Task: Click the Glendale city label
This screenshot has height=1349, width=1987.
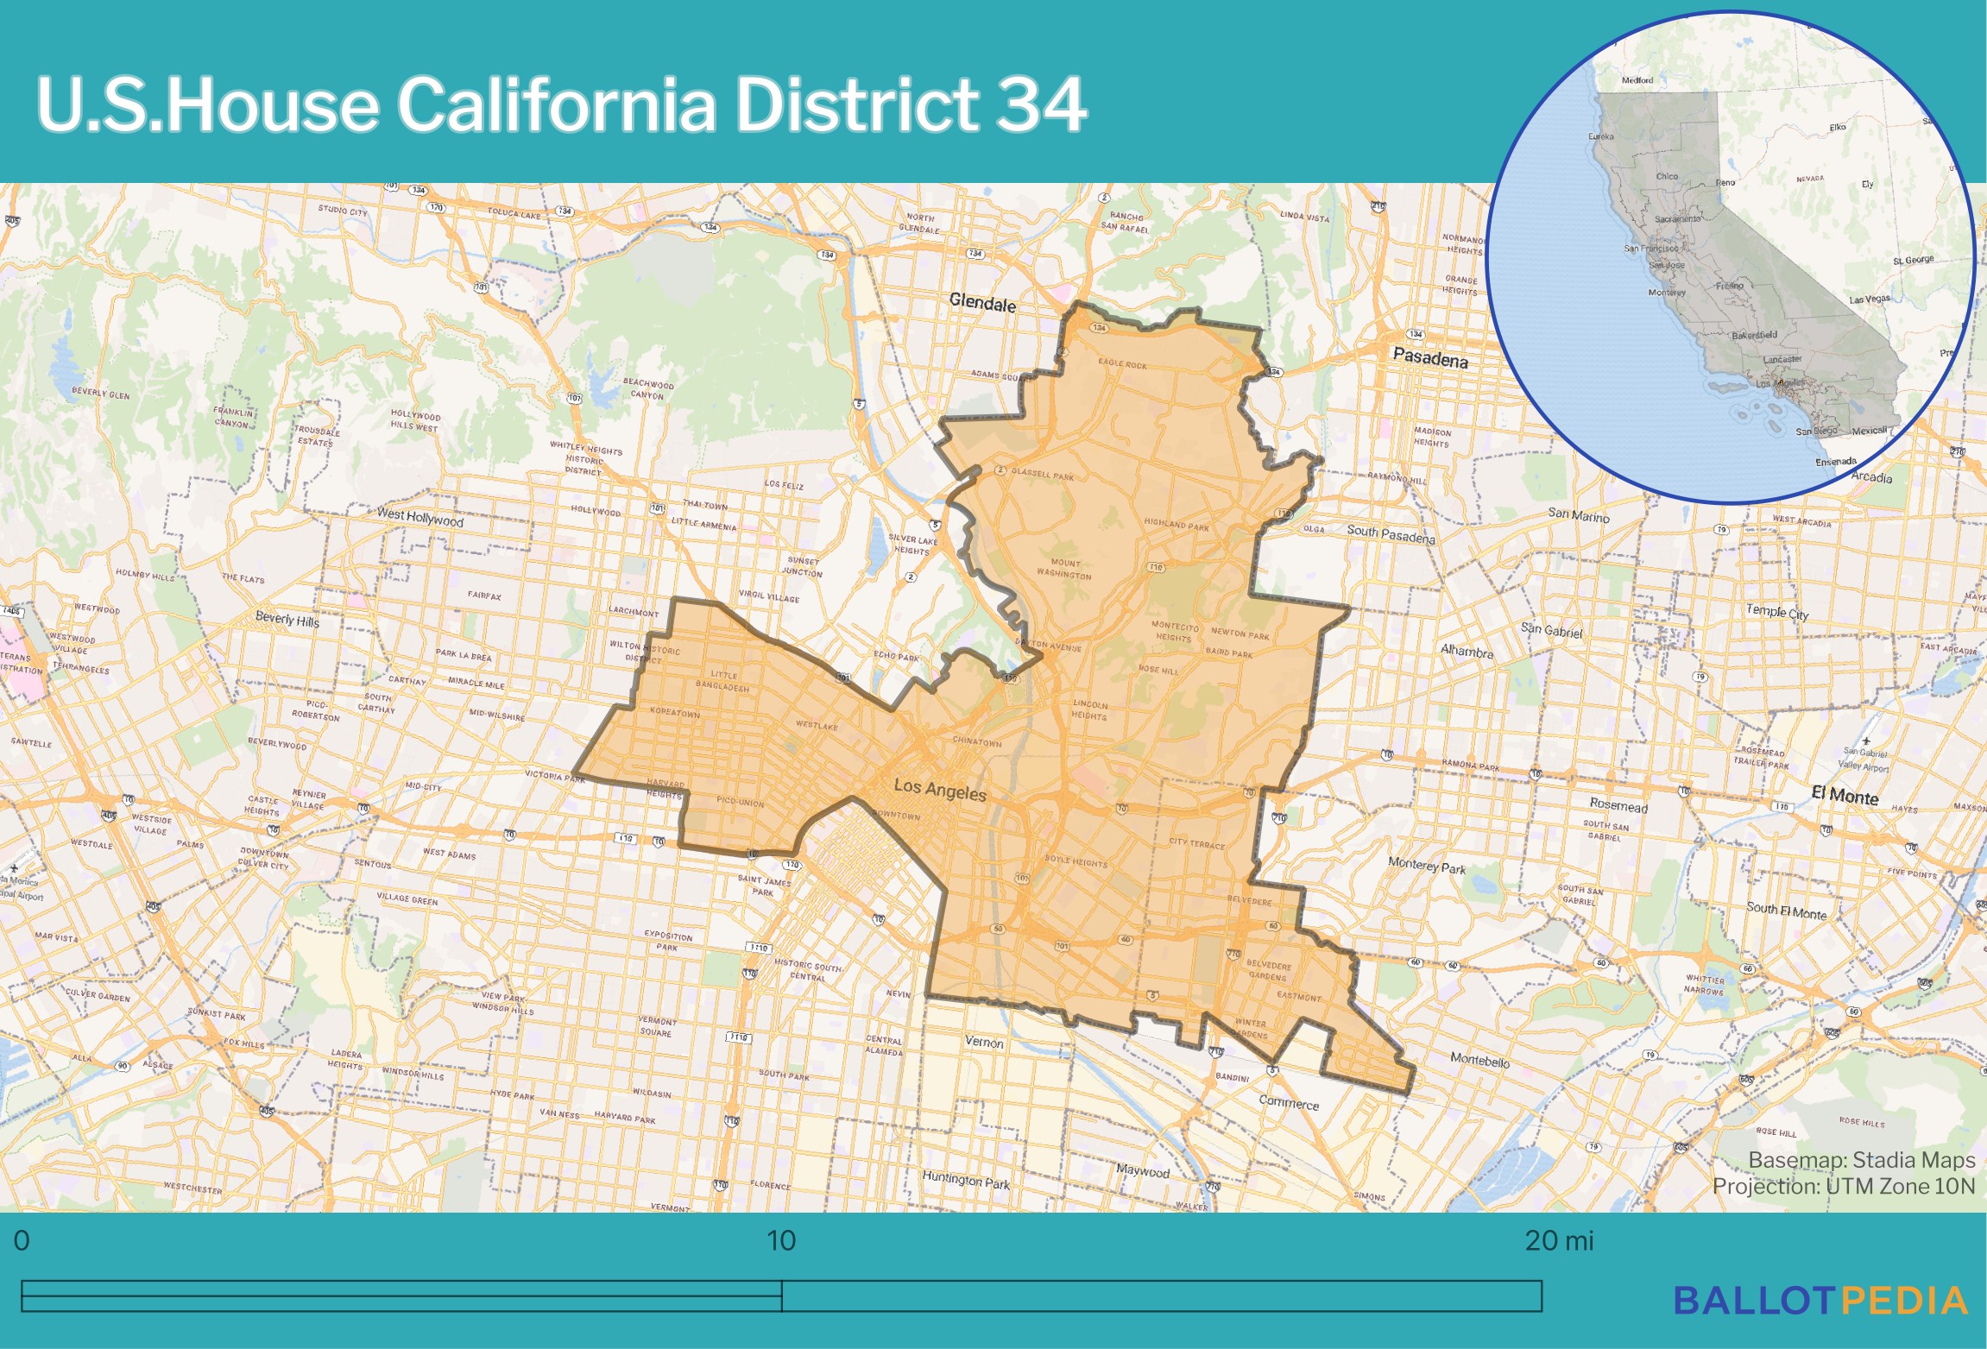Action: pos(982,304)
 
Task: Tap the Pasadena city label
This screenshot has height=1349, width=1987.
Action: pos(1430,358)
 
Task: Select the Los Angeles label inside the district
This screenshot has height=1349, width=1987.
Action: pos(940,789)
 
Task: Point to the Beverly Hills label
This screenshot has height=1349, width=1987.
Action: pos(287,620)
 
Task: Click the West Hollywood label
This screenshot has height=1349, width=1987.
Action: pos(420,518)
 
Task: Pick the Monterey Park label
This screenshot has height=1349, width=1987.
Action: pos(1427,865)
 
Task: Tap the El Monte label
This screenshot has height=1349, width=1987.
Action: pos(1845,796)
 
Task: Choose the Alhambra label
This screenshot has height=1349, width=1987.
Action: pos(1467,652)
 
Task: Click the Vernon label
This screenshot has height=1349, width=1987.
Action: pos(984,1043)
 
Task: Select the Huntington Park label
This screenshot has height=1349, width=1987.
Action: pos(966,1180)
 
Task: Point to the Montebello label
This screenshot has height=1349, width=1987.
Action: pos(1479,1060)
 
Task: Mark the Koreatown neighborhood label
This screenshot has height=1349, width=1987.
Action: pos(675,714)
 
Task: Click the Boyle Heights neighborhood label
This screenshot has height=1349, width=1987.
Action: pos(1076,860)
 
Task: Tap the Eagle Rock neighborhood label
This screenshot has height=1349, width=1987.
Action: pos(1122,363)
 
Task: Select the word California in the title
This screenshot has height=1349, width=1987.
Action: pos(556,105)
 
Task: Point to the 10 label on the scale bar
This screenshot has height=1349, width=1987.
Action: pos(781,1241)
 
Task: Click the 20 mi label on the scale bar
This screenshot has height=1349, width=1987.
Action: pos(1559,1241)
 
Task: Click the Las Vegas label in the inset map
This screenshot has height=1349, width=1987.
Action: pos(1869,299)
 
